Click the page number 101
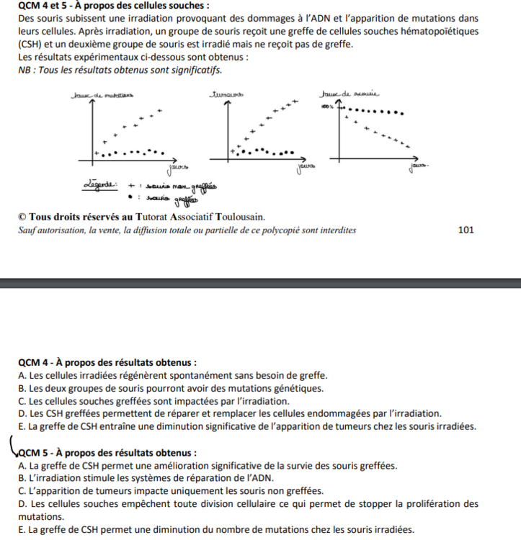tap(466, 230)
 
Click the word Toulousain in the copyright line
tap(239, 217)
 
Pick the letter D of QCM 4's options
tap(22, 413)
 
